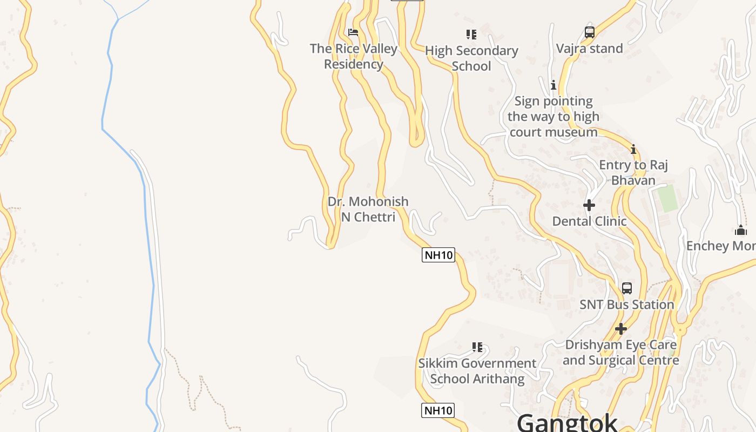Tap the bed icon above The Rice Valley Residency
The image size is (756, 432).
(353, 32)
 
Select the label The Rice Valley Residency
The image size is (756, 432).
(354, 56)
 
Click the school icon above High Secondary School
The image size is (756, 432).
(471, 35)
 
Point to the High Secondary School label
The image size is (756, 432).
(471, 58)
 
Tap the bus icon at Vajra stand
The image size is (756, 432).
(590, 32)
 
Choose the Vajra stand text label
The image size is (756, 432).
(590, 49)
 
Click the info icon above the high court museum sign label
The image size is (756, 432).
(553, 85)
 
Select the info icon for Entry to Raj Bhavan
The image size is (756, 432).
(633, 149)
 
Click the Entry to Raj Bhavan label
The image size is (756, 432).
(633, 172)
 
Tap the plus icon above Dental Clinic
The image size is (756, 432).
(589, 205)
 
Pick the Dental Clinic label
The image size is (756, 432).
(589, 221)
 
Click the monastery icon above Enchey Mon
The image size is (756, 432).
(740, 231)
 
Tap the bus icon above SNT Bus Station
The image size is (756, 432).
(627, 288)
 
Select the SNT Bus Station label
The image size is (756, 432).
(627, 305)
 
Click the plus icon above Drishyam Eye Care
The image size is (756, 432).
(621, 328)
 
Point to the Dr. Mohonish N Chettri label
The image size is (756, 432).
(368, 209)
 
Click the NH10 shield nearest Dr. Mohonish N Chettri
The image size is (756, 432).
(438, 255)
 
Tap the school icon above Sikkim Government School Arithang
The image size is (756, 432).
(477, 347)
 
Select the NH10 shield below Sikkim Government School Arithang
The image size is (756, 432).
(438, 410)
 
